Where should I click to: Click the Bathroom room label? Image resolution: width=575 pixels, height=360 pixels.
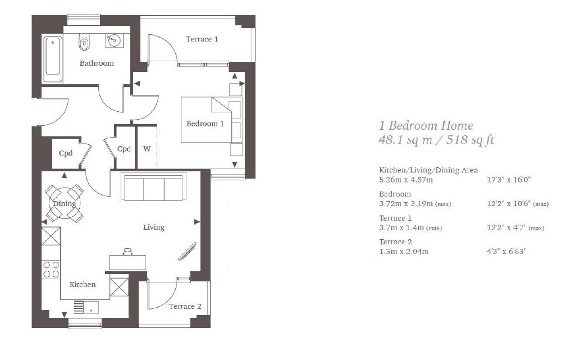tap(97, 63)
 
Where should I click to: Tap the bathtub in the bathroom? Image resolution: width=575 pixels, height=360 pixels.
tap(53, 60)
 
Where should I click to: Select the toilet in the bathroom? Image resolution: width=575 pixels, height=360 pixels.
tap(84, 42)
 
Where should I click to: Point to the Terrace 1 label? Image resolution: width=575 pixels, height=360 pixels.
tap(202, 39)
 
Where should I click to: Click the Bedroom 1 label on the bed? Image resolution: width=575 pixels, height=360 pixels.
tap(205, 124)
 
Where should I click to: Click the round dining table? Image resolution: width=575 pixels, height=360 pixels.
tap(65, 203)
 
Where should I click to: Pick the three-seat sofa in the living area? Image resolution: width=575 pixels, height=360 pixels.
tap(154, 186)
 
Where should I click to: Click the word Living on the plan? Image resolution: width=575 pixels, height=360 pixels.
tap(154, 227)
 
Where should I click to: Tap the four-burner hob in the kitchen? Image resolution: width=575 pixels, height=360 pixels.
tap(51, 269)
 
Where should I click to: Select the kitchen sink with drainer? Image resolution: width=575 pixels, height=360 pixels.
tap(86, 307)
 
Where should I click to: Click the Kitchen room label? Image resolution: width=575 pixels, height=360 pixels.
tap(83, 285)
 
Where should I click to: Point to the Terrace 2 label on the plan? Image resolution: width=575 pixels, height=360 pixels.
tap(185, 307)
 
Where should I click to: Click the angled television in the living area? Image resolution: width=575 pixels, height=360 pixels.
tap(187, 252)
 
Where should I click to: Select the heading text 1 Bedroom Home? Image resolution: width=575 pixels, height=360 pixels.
tap(426, 125)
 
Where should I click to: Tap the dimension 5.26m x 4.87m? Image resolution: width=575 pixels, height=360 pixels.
tap(406, 180)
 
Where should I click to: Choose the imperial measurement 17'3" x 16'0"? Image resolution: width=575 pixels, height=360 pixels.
tap(509, 180)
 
